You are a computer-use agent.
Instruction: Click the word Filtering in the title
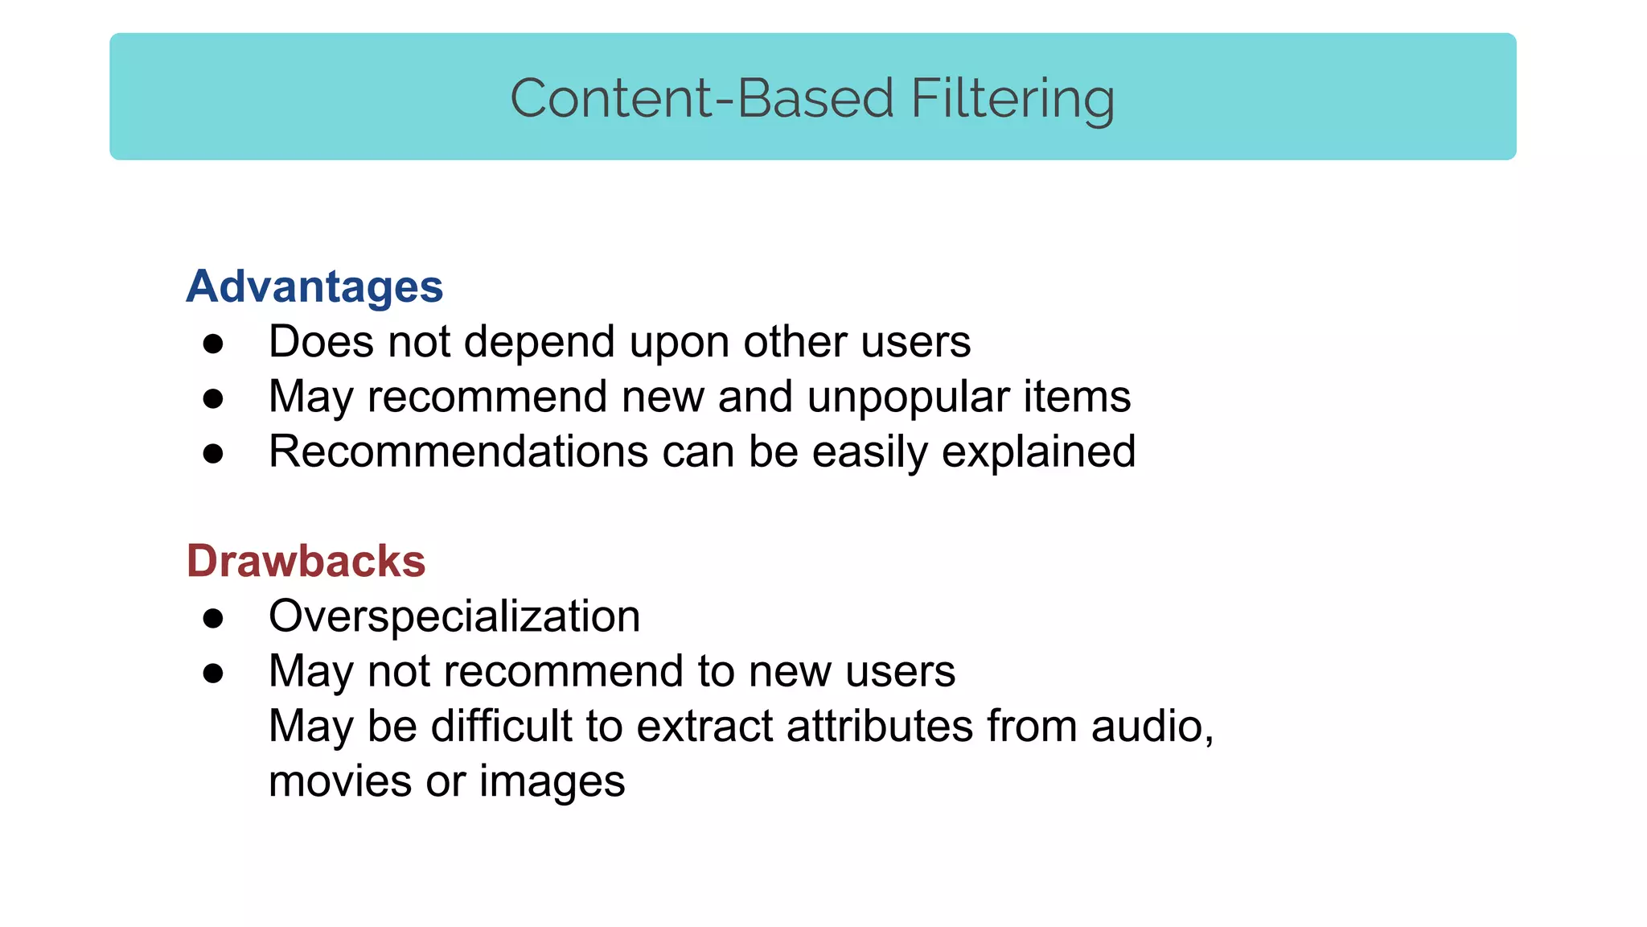click(x=1012, y=98)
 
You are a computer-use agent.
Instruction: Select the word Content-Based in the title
click(x=702, y=98)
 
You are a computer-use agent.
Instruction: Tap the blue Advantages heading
click(x=314, y=286)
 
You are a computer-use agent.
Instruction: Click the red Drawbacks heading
click(x=306, y=561)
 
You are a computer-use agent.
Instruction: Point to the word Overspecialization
click(x=454, y=616)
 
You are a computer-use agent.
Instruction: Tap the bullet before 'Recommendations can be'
click(x=213, y=454)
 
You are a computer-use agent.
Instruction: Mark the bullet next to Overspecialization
click(x=213, y=618)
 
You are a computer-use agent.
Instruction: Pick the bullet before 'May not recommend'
click(x=213, y=674)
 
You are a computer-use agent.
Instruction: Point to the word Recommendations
click(x=458, y=451)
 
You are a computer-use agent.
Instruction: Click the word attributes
click(x=880, y=726)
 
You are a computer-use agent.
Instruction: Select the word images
click(x=552, y=781)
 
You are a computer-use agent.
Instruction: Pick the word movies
click(x=340, y=781)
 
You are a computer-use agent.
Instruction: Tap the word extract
click(x=704, y=726)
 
